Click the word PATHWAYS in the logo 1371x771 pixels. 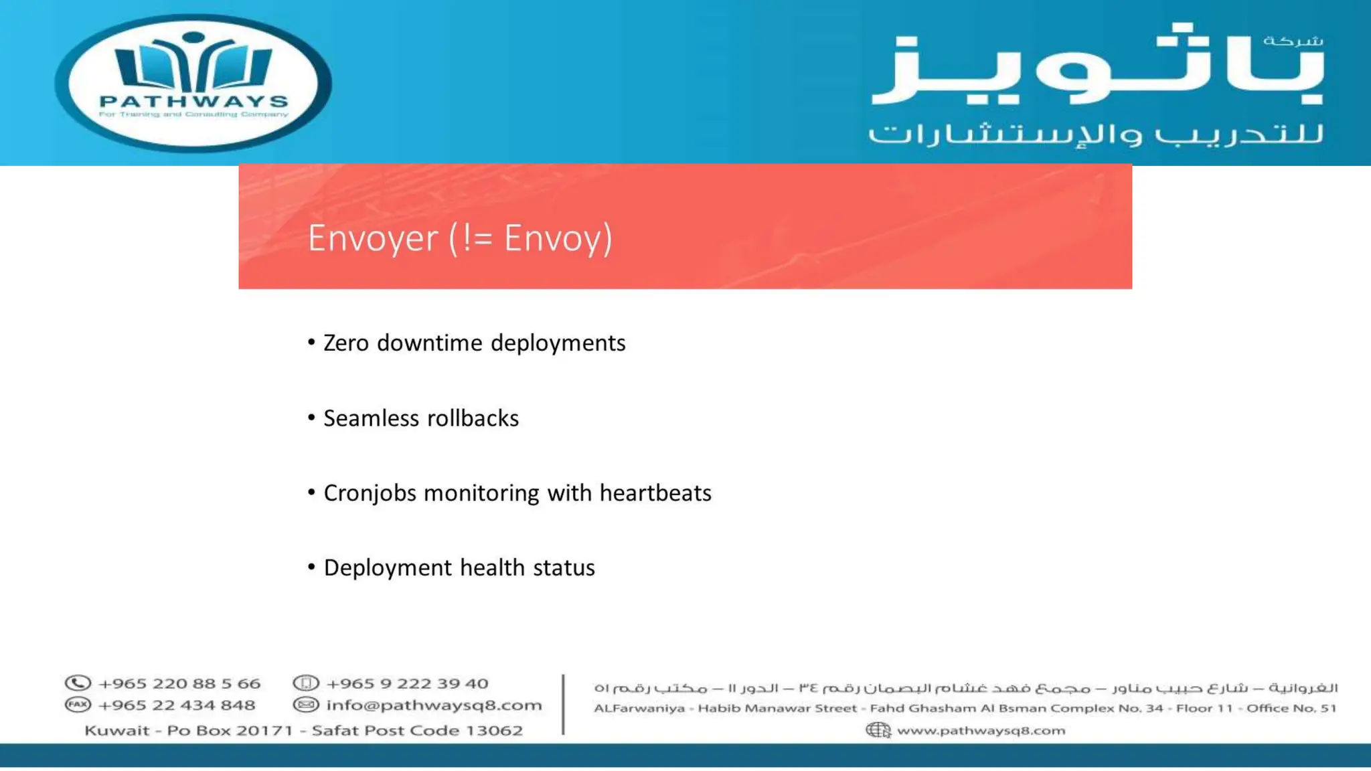coord(193,101)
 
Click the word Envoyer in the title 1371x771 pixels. coord(372,238)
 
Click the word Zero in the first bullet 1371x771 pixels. coord(346,343)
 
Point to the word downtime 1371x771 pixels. coord(430,343)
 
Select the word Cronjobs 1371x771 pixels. coord(370,493)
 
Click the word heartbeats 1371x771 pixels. coord(655,493)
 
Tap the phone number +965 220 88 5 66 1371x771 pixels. coord(179,683)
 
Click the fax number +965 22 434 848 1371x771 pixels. coord(177,705)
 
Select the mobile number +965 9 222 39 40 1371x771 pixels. coord(407,683)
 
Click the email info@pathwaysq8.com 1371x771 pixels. coord(434,705)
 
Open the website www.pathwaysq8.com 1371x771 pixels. coord(981,730)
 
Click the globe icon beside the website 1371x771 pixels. coord(878,730)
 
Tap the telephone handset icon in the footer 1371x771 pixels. coord(78,683)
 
